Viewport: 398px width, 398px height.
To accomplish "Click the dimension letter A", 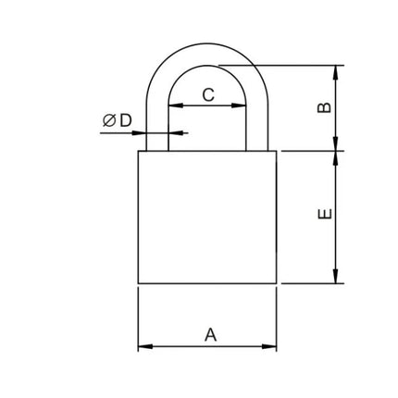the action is tap(210, 334).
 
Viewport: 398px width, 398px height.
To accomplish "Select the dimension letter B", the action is tap(325, 107).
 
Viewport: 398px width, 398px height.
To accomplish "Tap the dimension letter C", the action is tap(208, 94).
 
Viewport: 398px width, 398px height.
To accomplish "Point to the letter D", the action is tap(126, 120).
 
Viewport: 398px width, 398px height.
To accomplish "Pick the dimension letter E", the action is tap(325, 214).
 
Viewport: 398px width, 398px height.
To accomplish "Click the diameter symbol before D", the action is tap(109, 120).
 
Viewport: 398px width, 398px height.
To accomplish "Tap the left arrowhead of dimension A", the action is tap(145, 346).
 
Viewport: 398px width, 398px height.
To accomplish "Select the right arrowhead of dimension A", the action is tap(269, 346).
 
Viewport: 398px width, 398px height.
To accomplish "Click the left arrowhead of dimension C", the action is tap(176, 106).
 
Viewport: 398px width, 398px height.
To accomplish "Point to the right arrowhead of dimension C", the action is tap(239, 106).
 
